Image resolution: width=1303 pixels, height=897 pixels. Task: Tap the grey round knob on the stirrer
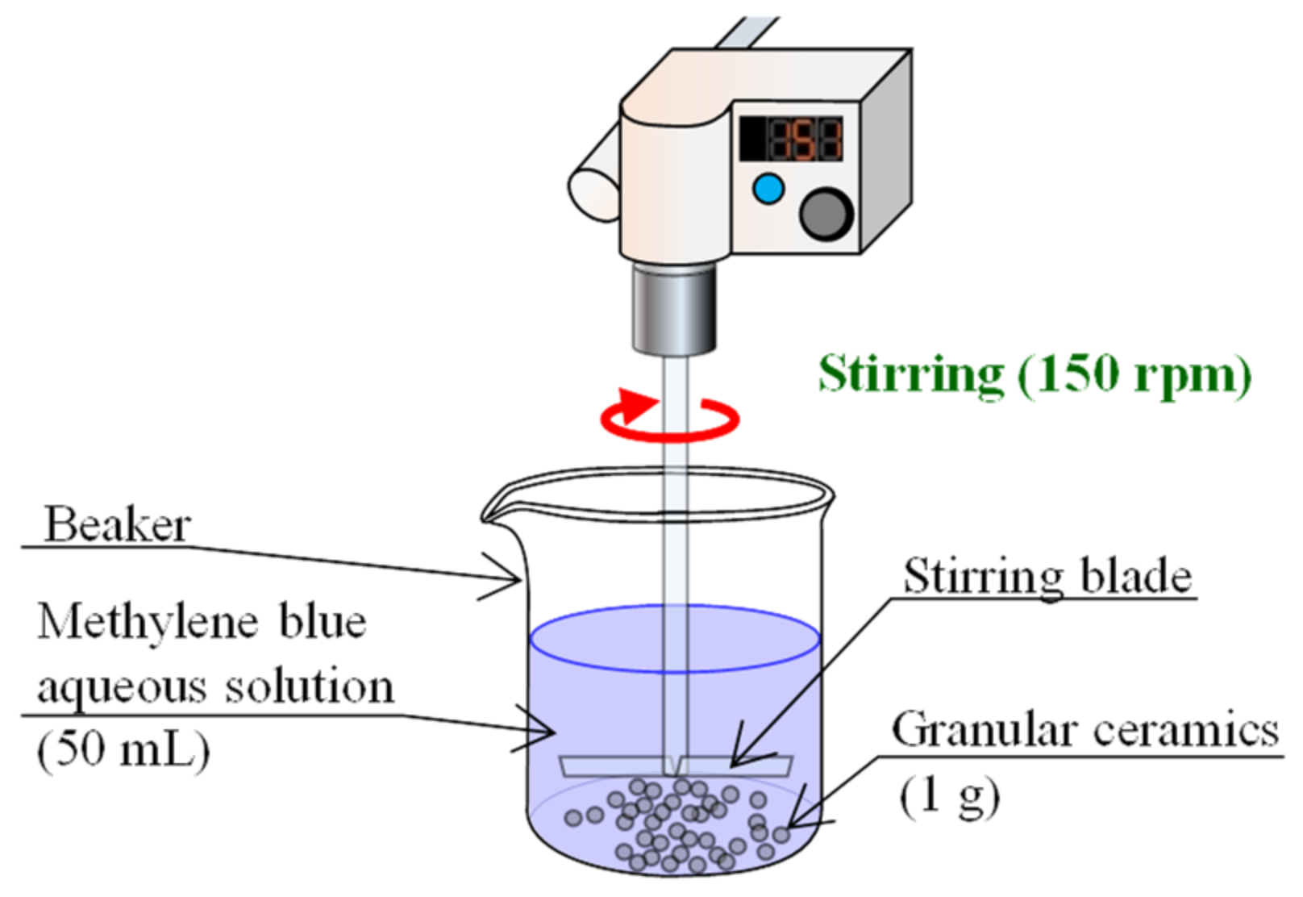[825, 213]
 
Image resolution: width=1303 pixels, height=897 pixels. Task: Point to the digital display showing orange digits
[792, 139]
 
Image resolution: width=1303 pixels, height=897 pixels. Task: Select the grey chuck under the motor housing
[673, 311]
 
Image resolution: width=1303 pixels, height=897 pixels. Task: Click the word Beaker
[117, 525]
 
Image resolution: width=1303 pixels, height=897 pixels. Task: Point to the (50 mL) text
[123, 751]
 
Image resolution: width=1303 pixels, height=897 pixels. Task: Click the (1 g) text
[949, 796]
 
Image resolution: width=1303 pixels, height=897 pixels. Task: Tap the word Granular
[984, 730]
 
